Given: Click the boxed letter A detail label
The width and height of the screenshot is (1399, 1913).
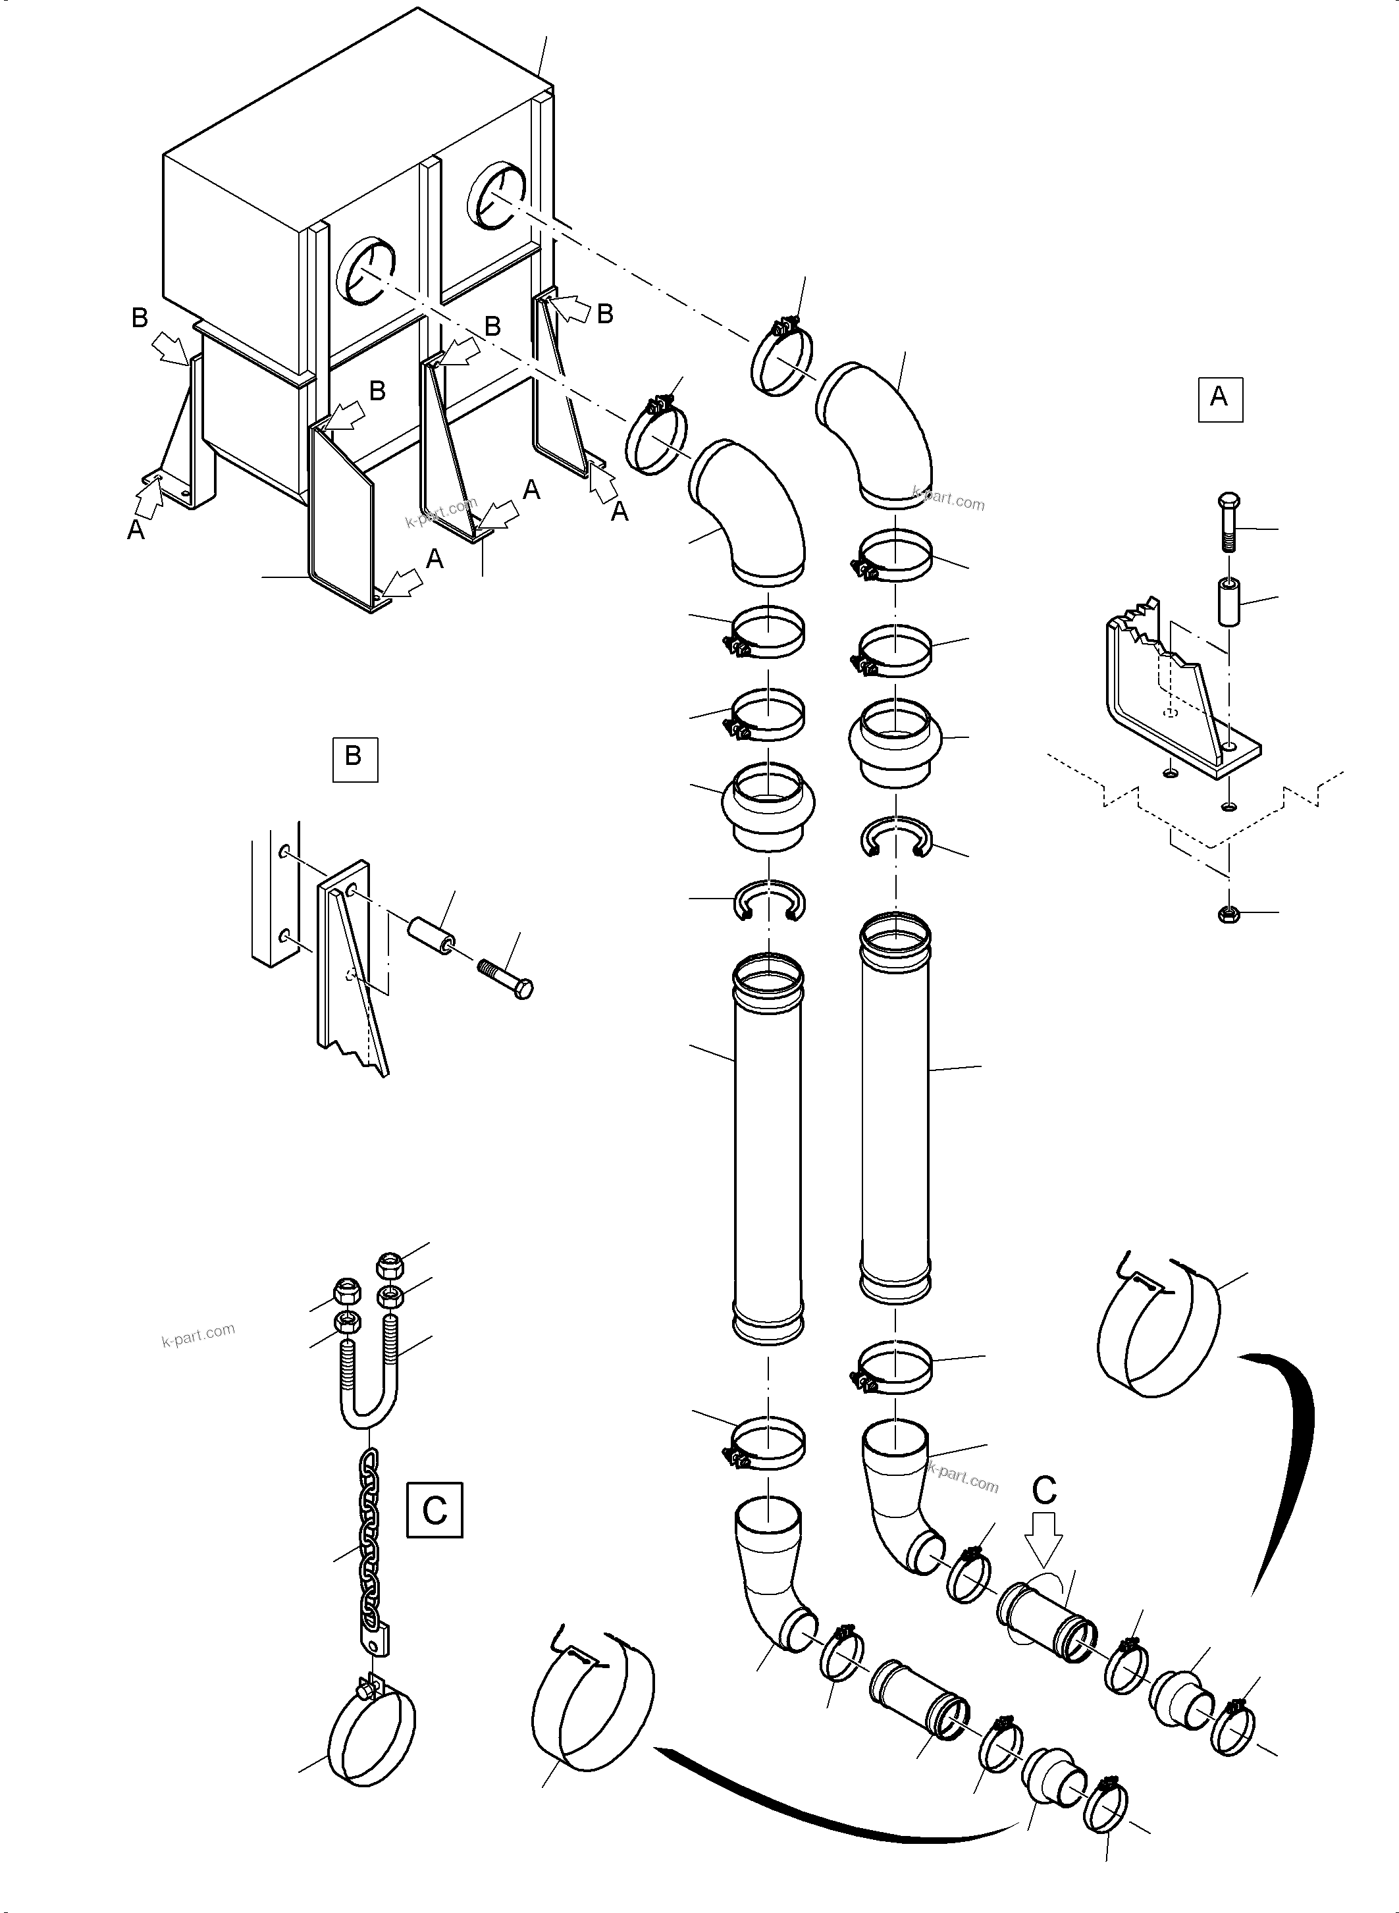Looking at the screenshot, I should tap(1219, 399).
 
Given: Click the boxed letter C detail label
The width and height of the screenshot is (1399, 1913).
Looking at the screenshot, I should tap(435, 1510).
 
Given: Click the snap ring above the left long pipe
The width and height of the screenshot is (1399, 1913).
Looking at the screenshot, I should tap(768, 899).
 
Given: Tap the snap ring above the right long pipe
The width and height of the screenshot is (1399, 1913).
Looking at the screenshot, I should tap(896, 837).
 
